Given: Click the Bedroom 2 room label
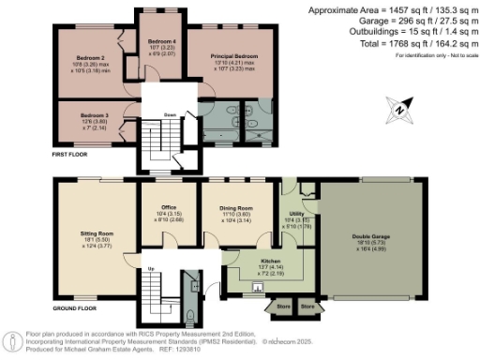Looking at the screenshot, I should coord(91,57).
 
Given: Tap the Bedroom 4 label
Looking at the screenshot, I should coord(162,41).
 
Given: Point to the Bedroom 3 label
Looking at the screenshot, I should coord(95,115).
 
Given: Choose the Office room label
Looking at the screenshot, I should coord(170,208).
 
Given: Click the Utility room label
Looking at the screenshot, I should coord(296,215).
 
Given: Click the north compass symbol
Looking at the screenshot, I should coord(401,110).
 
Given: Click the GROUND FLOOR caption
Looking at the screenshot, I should coord(74,307).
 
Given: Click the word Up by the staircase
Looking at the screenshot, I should coord(152,269).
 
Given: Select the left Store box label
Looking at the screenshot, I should coord(281,306).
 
